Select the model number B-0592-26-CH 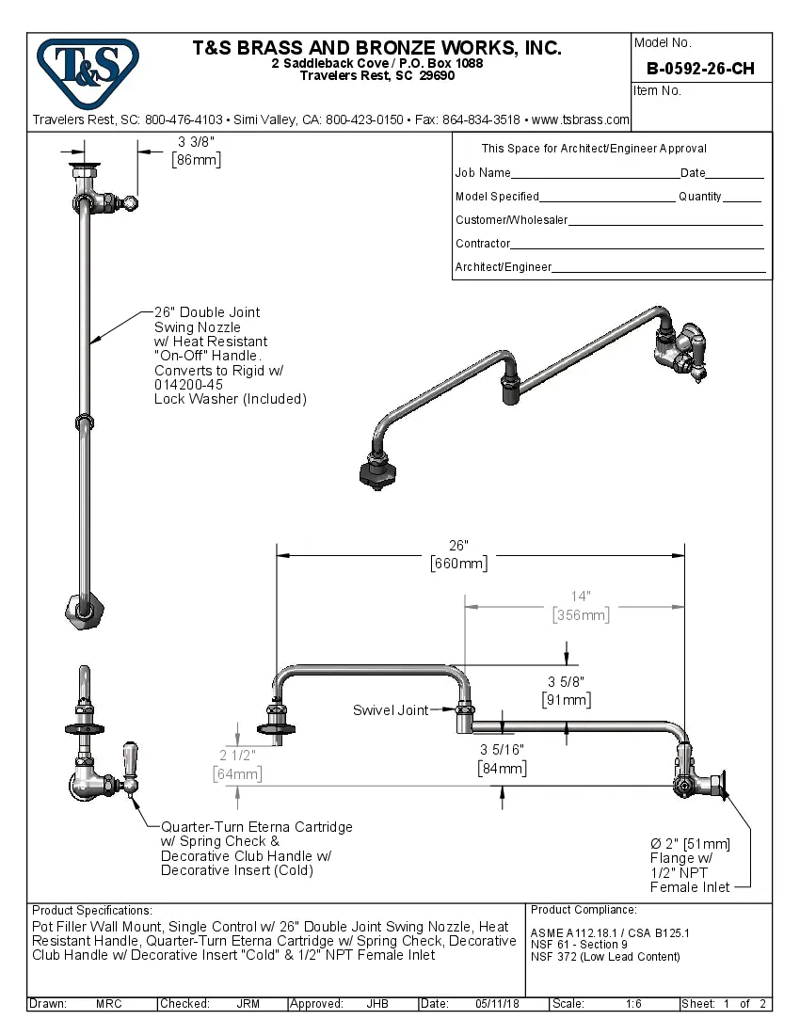(x=701, y=69)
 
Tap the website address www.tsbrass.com (x=580, y=119)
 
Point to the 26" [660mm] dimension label (x=458, y=554)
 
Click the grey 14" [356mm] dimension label (x=581, y=605)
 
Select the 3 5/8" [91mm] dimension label (x=566, y=691)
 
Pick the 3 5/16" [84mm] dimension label (x=501, y=758)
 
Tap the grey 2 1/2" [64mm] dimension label (x=236, y=764)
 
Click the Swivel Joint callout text (x=390, y=710)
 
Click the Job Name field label (x=483, y=173)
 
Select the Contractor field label (x=483, y=244)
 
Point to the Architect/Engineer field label (x=503, y=267)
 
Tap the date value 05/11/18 (x=498, y=1004)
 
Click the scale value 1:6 (x=633, y=1004)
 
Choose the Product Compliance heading (x=584, y=910)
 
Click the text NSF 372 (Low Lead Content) (x=605, y=957)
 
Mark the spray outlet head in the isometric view (x=376, y=472)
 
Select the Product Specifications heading (x=91, y=911)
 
